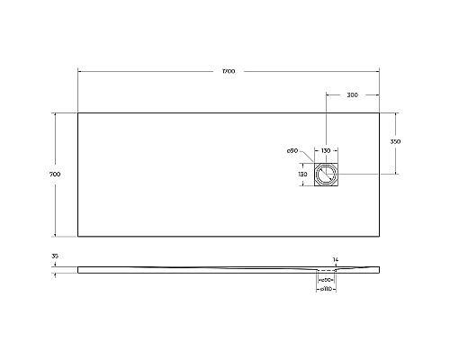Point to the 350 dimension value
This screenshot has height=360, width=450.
point(395,142)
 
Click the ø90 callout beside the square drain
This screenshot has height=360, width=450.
point(292,150)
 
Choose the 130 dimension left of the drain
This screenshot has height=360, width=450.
point(303,173)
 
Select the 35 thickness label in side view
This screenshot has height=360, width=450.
point(56,257)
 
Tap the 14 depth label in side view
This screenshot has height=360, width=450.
point(336,259)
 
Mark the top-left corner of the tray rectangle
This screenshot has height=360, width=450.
point(78,112)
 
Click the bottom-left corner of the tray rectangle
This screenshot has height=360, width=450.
point(78,236)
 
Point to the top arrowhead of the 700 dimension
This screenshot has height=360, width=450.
point(59,113)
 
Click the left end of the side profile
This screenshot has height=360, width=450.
point(78,268)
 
